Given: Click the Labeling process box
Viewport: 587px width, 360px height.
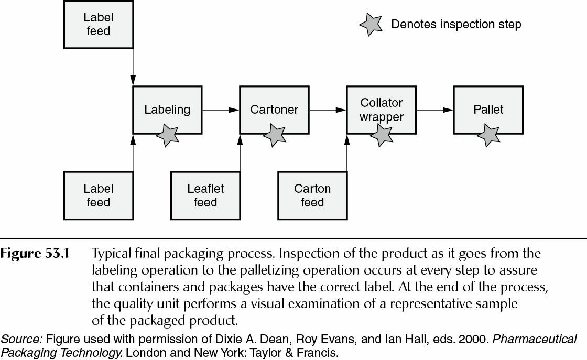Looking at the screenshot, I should pyautogui.click(x=167, y=110).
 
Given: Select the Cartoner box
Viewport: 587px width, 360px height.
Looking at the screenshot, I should pyautogui.click(x=274, y=110).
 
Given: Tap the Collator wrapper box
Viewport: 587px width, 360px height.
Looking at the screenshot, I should pyautogui.click(x=381, y=110).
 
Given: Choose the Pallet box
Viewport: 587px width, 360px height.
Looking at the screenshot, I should pyautogui.click(x=488, y=110).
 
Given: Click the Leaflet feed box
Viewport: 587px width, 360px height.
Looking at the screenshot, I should pyautogui.click(x=205, y=195).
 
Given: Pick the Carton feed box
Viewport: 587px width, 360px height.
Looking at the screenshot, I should pyautogui.click(x=312, y=195).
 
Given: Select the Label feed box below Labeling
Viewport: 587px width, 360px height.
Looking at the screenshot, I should pyautogui.click(x=98, y=195).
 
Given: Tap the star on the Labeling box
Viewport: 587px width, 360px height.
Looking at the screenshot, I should pyautogui.click(x=168, y=135).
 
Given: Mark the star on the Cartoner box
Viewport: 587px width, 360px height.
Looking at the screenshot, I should pyautogui.click(x=274, y=135).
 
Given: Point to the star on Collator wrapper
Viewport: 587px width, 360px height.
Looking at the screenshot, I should pyautogui.click(x=381, y=135).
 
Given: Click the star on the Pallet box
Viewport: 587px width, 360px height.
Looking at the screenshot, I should pyautogui.click(x=488, y=135).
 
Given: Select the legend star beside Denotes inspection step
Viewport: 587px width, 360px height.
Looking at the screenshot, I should pyautogui.click(x=371, y=25).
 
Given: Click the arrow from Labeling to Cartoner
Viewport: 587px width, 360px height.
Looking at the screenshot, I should pyautogui.click(x=220, y=110).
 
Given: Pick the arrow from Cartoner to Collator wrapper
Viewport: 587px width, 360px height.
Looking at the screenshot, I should pyautogui.click(x=328, y=110).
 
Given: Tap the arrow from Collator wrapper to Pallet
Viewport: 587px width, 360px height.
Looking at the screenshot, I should pyautogui.click(x=434, y=110).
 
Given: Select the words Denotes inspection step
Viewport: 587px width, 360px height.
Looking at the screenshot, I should pyautogui.click(x=456, y=25).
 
